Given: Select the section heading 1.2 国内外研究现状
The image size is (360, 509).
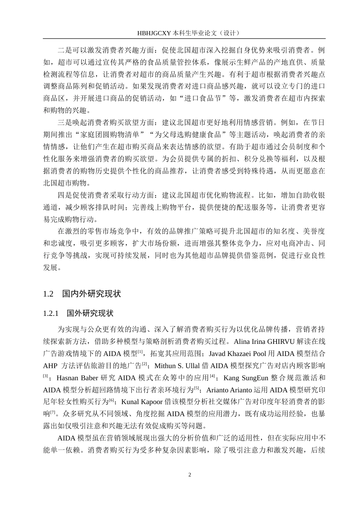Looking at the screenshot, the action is (x=82, y=294).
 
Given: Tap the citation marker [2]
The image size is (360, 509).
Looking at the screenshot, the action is (x=144, y=364).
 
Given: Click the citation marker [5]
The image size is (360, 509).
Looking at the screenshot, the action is (x=197, y=388).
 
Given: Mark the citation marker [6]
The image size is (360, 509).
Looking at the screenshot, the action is (x=112, y=400).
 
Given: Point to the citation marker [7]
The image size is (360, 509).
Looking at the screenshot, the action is (x=53, y=412).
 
